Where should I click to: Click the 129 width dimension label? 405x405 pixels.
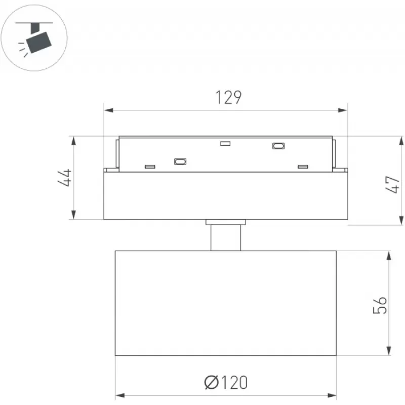229,97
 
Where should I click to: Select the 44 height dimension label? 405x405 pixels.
65,178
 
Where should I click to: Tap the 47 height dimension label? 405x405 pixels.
392,184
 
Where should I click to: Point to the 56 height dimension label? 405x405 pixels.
380,305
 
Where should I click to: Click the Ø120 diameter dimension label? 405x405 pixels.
226,383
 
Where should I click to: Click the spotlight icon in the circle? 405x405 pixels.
34,38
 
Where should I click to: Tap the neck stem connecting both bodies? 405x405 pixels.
226,237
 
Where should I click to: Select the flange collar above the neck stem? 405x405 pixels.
226,222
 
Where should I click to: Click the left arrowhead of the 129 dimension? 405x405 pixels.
109,110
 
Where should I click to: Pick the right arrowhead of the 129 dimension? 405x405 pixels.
343,110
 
